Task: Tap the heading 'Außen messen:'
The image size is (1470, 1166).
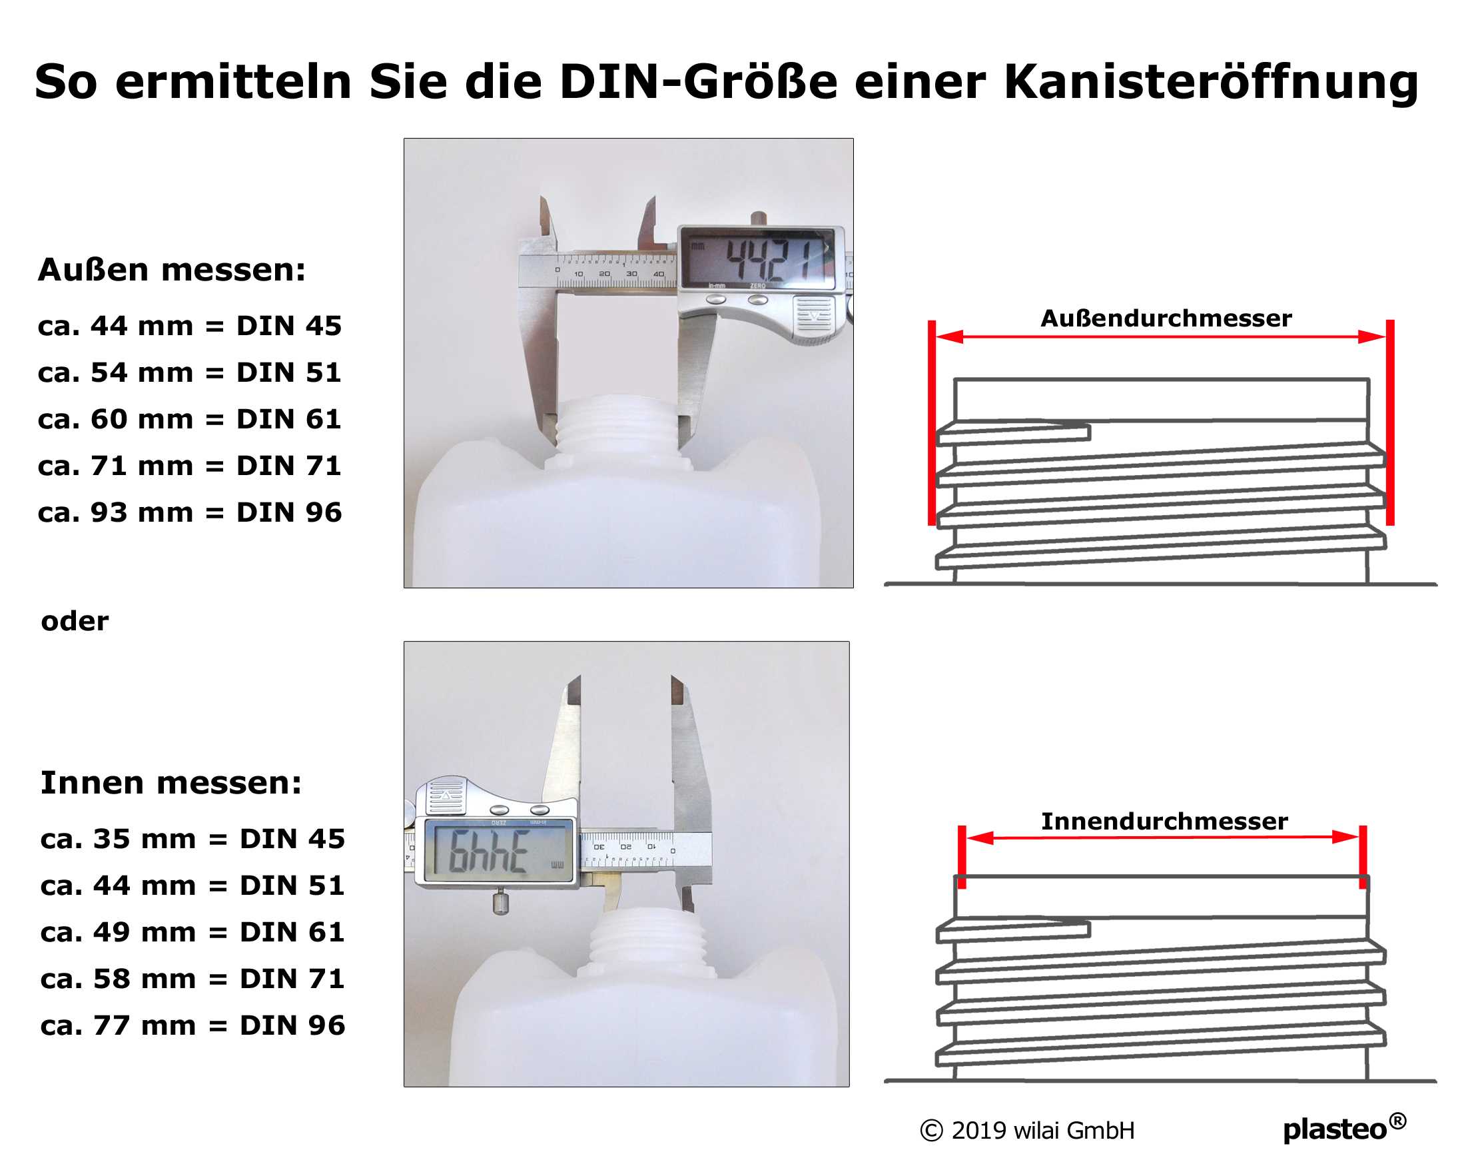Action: click(172, 270)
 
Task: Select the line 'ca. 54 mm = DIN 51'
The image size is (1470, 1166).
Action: click(190, 372)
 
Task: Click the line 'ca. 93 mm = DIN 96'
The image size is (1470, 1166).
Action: click(190, 512)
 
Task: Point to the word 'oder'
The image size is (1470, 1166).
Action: click(75, 621)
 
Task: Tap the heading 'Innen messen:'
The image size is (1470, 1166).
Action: click(171, 783)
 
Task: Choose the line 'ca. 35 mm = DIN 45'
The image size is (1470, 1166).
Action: click(192, 839)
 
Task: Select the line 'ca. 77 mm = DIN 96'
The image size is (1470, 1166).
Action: click(192, 1025)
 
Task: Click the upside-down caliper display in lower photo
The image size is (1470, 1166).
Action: click(498, 851)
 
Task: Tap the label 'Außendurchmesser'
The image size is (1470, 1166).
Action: click(1165, 318)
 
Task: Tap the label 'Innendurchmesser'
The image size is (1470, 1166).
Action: click(1164, 821)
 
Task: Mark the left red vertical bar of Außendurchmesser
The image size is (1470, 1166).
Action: click(931, 423)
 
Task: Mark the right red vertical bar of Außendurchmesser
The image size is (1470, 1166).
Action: click(1389, 423)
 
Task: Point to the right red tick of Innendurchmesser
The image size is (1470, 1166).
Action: click(1362, 856)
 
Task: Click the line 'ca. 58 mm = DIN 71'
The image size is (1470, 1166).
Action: click(192, 979)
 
